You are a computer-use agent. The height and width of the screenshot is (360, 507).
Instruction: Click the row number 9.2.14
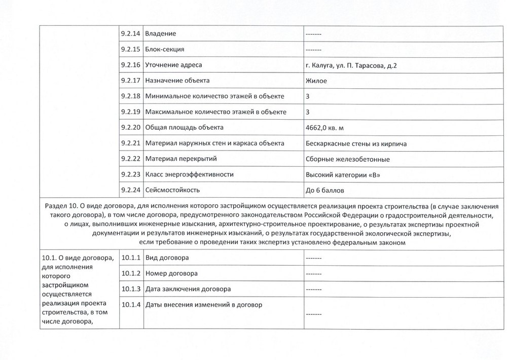tap(131, 33)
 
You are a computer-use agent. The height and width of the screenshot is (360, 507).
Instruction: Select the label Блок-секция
tap(164, 49)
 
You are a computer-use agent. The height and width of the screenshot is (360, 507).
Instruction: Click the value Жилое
tap(316, 81)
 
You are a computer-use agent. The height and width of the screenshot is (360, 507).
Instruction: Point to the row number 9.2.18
tap(131, 96)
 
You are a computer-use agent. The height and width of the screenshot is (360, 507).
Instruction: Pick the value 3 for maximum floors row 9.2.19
tap(308, 112)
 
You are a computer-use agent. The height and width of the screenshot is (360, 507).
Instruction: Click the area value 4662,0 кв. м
tap(328, 127)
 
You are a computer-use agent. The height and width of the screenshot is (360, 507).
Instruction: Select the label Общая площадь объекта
tap(184, 127)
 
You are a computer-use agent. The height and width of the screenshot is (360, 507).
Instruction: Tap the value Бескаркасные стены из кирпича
tap(356, 143)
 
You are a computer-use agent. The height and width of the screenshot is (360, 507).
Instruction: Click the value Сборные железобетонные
tap(348, 159)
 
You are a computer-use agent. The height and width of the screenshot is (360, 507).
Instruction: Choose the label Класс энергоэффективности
tap(189, 174)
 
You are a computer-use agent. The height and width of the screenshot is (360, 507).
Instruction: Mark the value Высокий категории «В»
tap(342, 175)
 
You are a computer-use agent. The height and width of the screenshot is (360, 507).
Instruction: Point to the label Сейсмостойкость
tap(172, 190)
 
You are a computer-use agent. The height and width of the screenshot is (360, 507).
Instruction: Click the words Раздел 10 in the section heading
tap(61, 206)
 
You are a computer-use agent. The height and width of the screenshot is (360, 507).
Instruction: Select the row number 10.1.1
tap(132, 258)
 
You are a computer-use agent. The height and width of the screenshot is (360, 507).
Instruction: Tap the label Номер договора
tap(171, 273)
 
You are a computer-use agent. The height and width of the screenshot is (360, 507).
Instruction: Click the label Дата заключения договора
tap(188, 289)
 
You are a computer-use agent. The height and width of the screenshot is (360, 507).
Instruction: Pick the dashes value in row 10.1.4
tap(314, 314)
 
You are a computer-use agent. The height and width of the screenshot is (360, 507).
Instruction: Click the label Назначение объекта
tap(177, 81)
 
